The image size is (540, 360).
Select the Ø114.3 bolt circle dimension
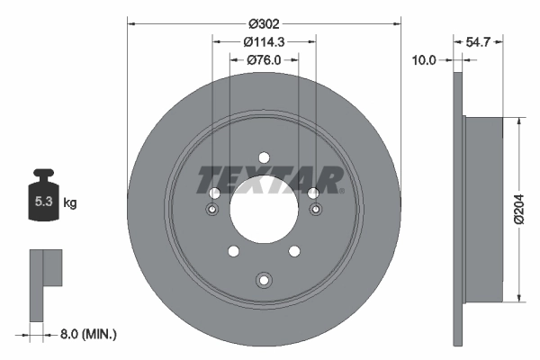[264, 41]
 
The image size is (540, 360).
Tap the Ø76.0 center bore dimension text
[264, 60]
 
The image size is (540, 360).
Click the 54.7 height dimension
[479, 41]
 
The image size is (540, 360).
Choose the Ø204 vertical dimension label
[519, 210]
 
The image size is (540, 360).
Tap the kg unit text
[69, 203]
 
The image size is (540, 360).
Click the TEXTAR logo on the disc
[268, 179]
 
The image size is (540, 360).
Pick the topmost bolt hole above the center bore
[264, 155]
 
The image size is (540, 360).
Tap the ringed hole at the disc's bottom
[264, 279]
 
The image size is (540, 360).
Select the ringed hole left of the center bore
[213, 210]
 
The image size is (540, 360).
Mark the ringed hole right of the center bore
[315, 210]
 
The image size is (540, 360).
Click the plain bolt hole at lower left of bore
[233, 251]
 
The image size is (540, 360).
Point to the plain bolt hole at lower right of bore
[295, 251]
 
